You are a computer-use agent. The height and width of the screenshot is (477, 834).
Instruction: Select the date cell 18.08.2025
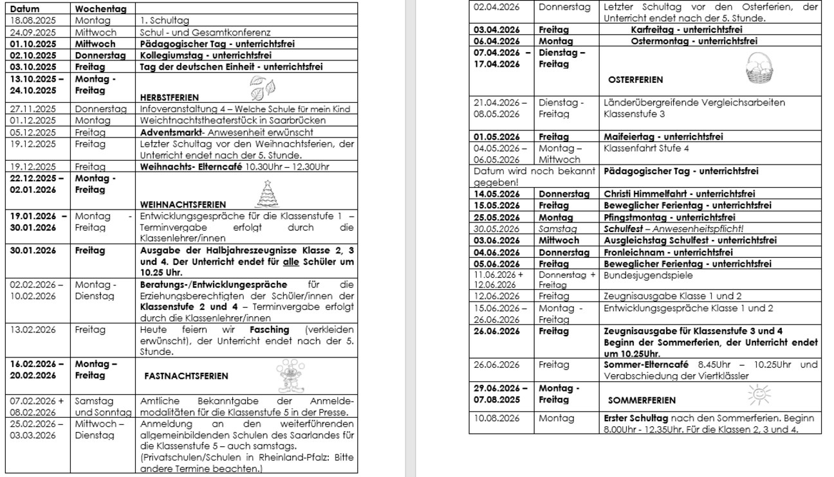click(x=34, y=21)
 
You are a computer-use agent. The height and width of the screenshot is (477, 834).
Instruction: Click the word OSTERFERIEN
click(x=635, y=80)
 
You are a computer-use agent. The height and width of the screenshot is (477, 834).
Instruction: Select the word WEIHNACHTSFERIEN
click(x=183, y=204)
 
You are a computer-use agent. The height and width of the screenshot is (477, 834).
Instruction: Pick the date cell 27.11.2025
click(x=34, y=109)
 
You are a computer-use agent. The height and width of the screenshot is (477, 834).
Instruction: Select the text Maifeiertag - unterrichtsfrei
click(x=663, y=136)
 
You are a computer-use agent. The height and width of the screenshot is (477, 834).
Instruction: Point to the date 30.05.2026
click(x=496, y=229)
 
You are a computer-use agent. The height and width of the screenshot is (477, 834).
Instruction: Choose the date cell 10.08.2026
click(x=496, y=417)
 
